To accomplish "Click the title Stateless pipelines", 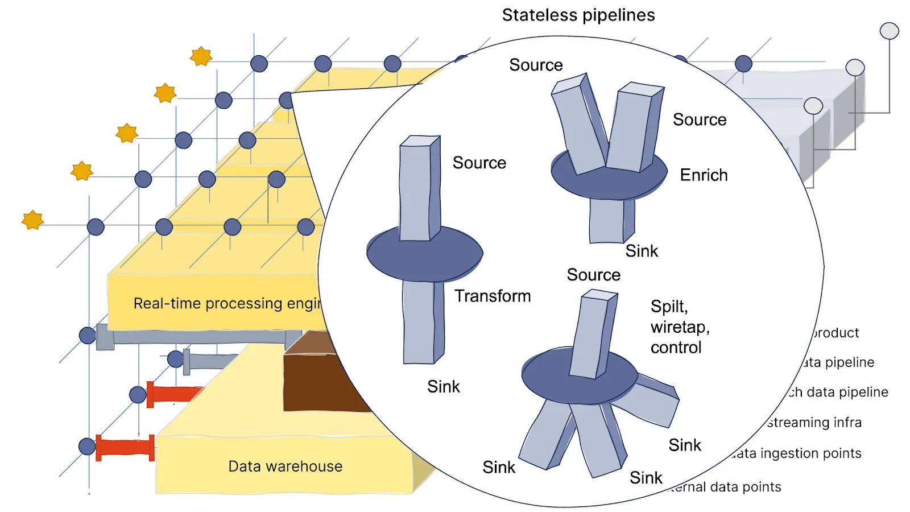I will point(578,15).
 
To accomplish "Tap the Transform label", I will point(492,296).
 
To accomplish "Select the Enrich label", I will point(704,175).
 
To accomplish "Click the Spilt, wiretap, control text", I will point(680,327).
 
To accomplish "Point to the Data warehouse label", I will point(285,466).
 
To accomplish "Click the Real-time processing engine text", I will point(227,303).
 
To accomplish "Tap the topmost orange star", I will point(201,56).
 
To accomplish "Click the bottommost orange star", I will point(32,220).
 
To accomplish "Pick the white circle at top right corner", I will point(889,31).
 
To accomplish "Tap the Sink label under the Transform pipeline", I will point(443,387).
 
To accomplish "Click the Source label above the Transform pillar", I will point(479,163).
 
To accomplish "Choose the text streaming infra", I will point(814,423).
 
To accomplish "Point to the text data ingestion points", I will point(796,453).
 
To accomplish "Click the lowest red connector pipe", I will point(125,447).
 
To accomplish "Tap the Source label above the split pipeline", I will point(593,275).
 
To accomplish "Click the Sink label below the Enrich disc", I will point(642,251).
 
